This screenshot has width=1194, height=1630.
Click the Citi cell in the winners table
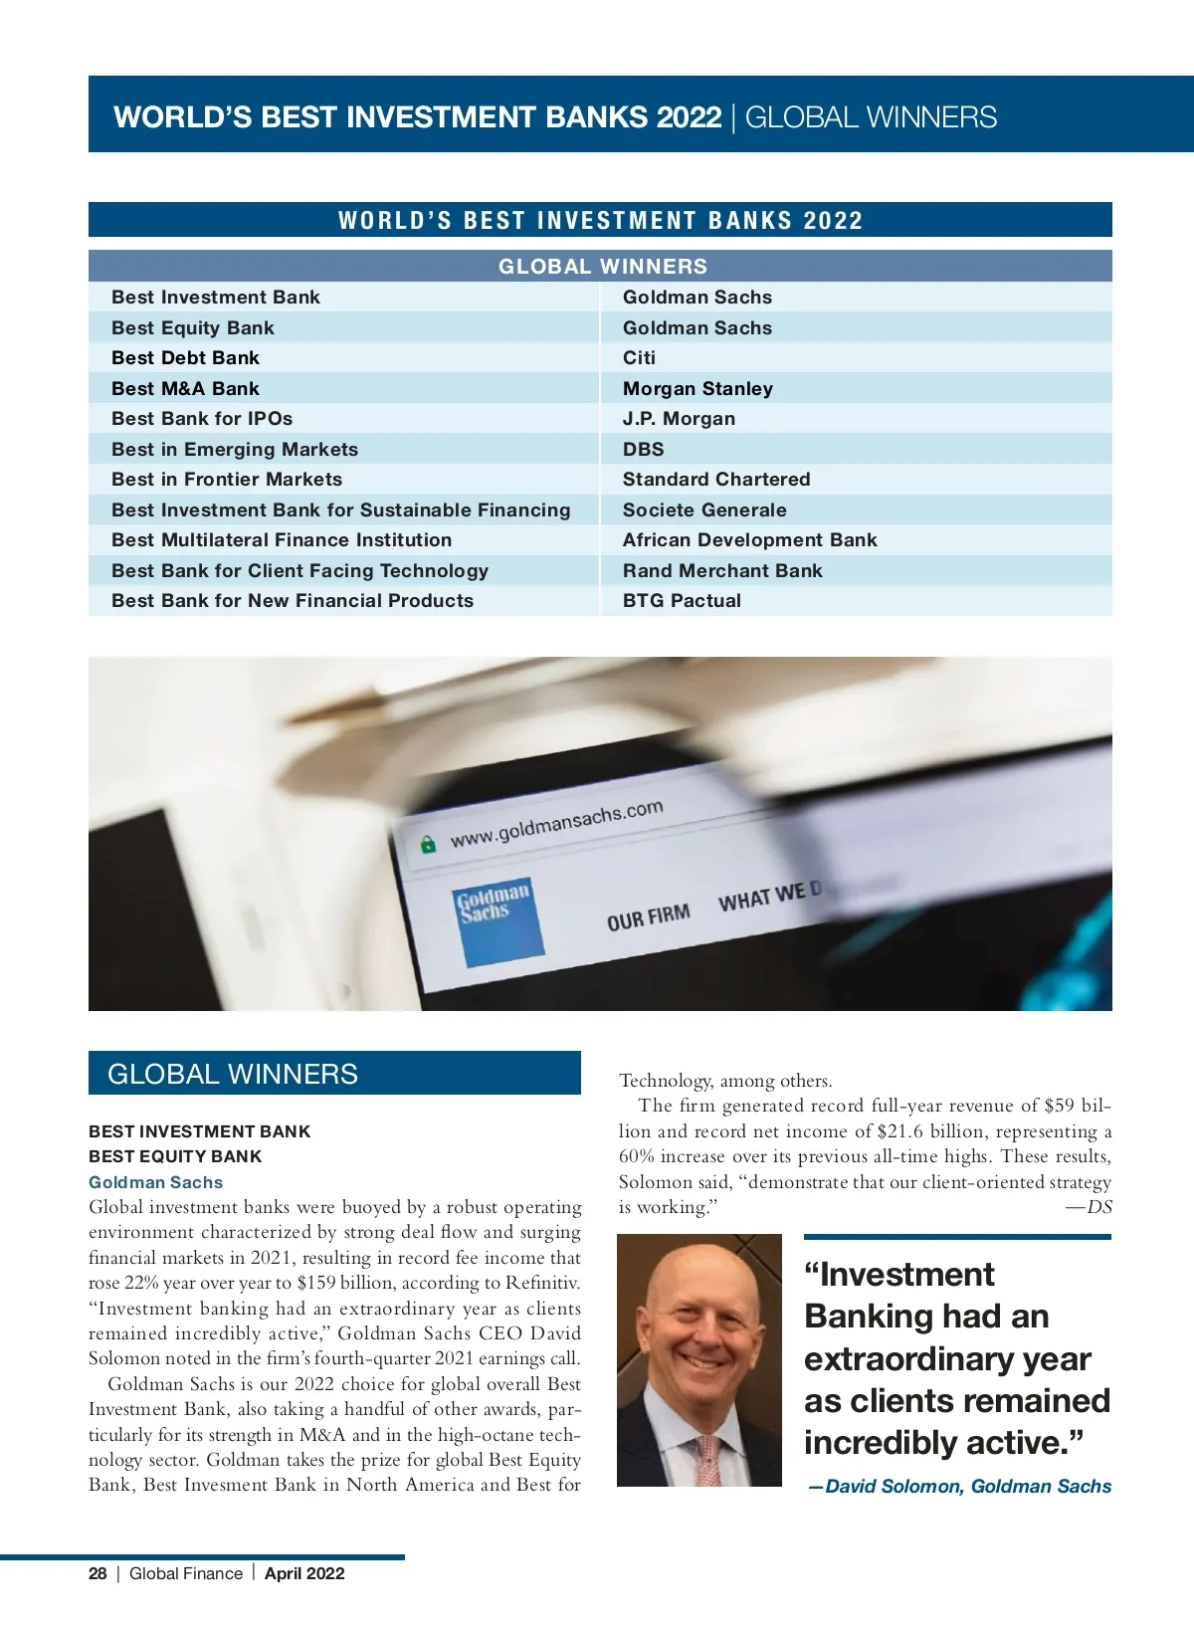click(x=639, y=358)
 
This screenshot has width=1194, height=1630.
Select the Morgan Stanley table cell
click(x=697, y=389)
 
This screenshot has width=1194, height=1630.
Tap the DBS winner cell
click(x=643, y=450)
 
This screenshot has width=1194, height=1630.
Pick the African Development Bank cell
click(x=749, y=540)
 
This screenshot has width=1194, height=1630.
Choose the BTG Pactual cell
click(x=682, y=601)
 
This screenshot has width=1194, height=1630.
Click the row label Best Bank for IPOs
click(x=202, y=419)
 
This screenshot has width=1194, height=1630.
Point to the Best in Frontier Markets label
click(x=227, y=480)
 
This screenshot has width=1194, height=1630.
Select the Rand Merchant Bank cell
click(x=722, y=571)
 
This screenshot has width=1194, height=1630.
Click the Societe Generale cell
click(x=704, y=510)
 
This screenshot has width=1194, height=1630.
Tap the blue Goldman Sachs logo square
click(x=497, y=920)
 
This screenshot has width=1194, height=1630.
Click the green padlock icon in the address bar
click(x=428, y=845)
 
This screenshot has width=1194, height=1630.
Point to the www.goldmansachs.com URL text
click(x=556, y=824)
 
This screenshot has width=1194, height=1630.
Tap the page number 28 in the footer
click(x=98, y=1573)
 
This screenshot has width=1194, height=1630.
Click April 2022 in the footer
click(x=304, y=1573)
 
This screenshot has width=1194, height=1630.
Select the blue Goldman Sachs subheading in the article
click(x=155, y=1182)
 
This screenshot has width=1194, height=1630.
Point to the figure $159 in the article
click(x=316, y=1283)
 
